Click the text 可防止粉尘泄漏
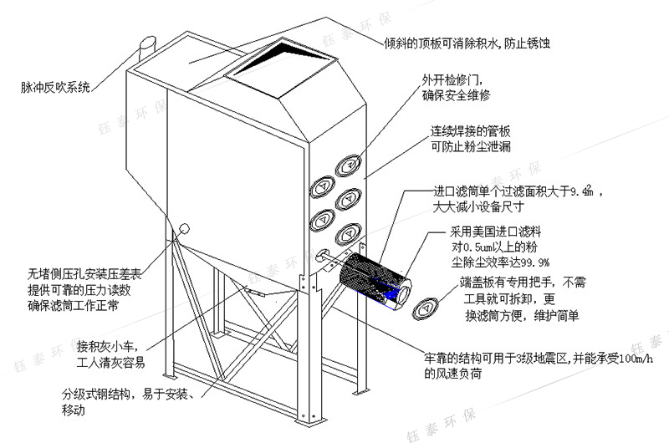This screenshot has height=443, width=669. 470,147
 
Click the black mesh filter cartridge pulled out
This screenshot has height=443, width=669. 373,279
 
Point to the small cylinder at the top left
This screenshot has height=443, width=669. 148,41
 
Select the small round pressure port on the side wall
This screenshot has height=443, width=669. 183,227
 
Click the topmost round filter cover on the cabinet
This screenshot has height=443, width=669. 347,166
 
